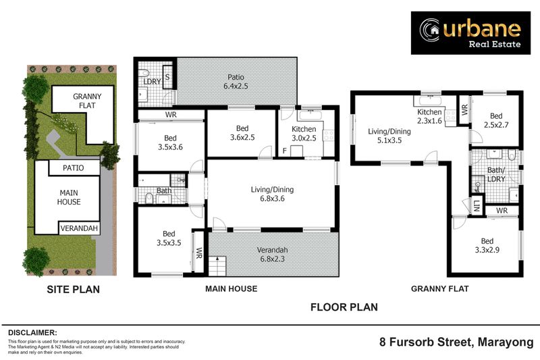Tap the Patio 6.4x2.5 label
pos(236,82)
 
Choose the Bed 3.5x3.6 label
pos(162,143)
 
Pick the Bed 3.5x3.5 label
pos(162,238)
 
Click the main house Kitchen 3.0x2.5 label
pos(304,133)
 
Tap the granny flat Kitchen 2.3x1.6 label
pos(429,116)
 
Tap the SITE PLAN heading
pos(73,290)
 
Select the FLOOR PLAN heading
pos(344,307)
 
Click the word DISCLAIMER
pos(32,332)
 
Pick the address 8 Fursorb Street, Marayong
pos(456,342)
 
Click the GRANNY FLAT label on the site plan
pos(87,101)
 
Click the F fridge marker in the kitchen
pos(285,150)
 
